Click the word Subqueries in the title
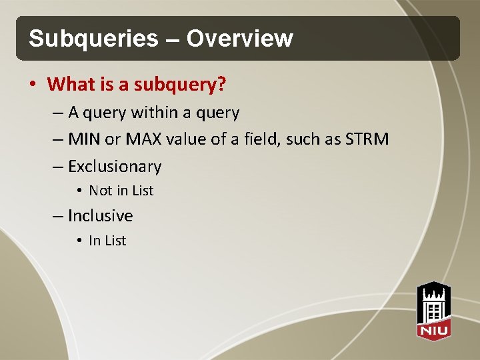93,39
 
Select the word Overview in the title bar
240,39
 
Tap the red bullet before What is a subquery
33,85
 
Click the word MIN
84,139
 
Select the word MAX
139,139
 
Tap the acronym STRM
366,139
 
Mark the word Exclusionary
115,167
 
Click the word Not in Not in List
100,191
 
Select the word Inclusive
100,216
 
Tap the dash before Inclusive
57,216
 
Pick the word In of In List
94,241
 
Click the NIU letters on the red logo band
434,330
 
